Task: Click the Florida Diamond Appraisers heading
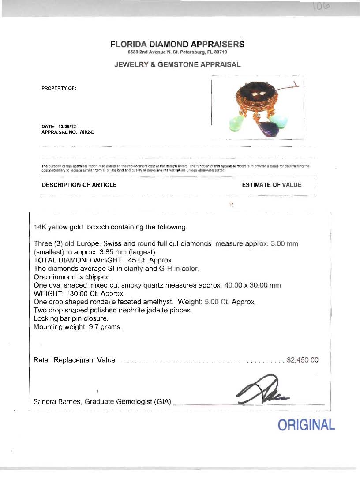point(177,45)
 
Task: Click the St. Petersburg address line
point(177,52)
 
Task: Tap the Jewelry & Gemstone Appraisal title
point(177,64)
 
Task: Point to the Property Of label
point(59,88)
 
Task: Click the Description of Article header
point(79,185)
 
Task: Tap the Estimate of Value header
point(271,185)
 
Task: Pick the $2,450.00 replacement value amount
point(302,360)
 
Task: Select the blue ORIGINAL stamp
point(306,425)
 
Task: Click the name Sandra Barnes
point(57,402)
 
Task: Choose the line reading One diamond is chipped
point(72,277)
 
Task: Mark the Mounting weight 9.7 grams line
point(78,327)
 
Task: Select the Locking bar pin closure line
point(70,318)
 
